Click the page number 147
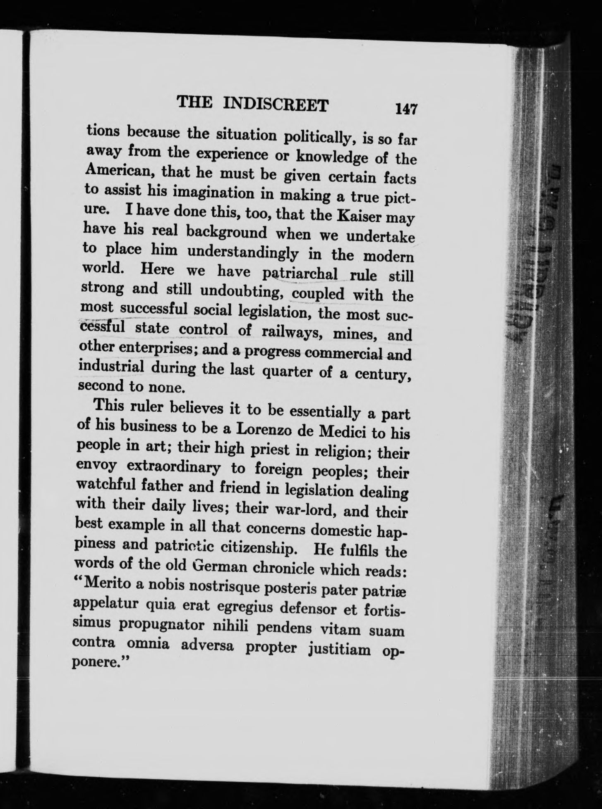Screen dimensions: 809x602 coord(407,109)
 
